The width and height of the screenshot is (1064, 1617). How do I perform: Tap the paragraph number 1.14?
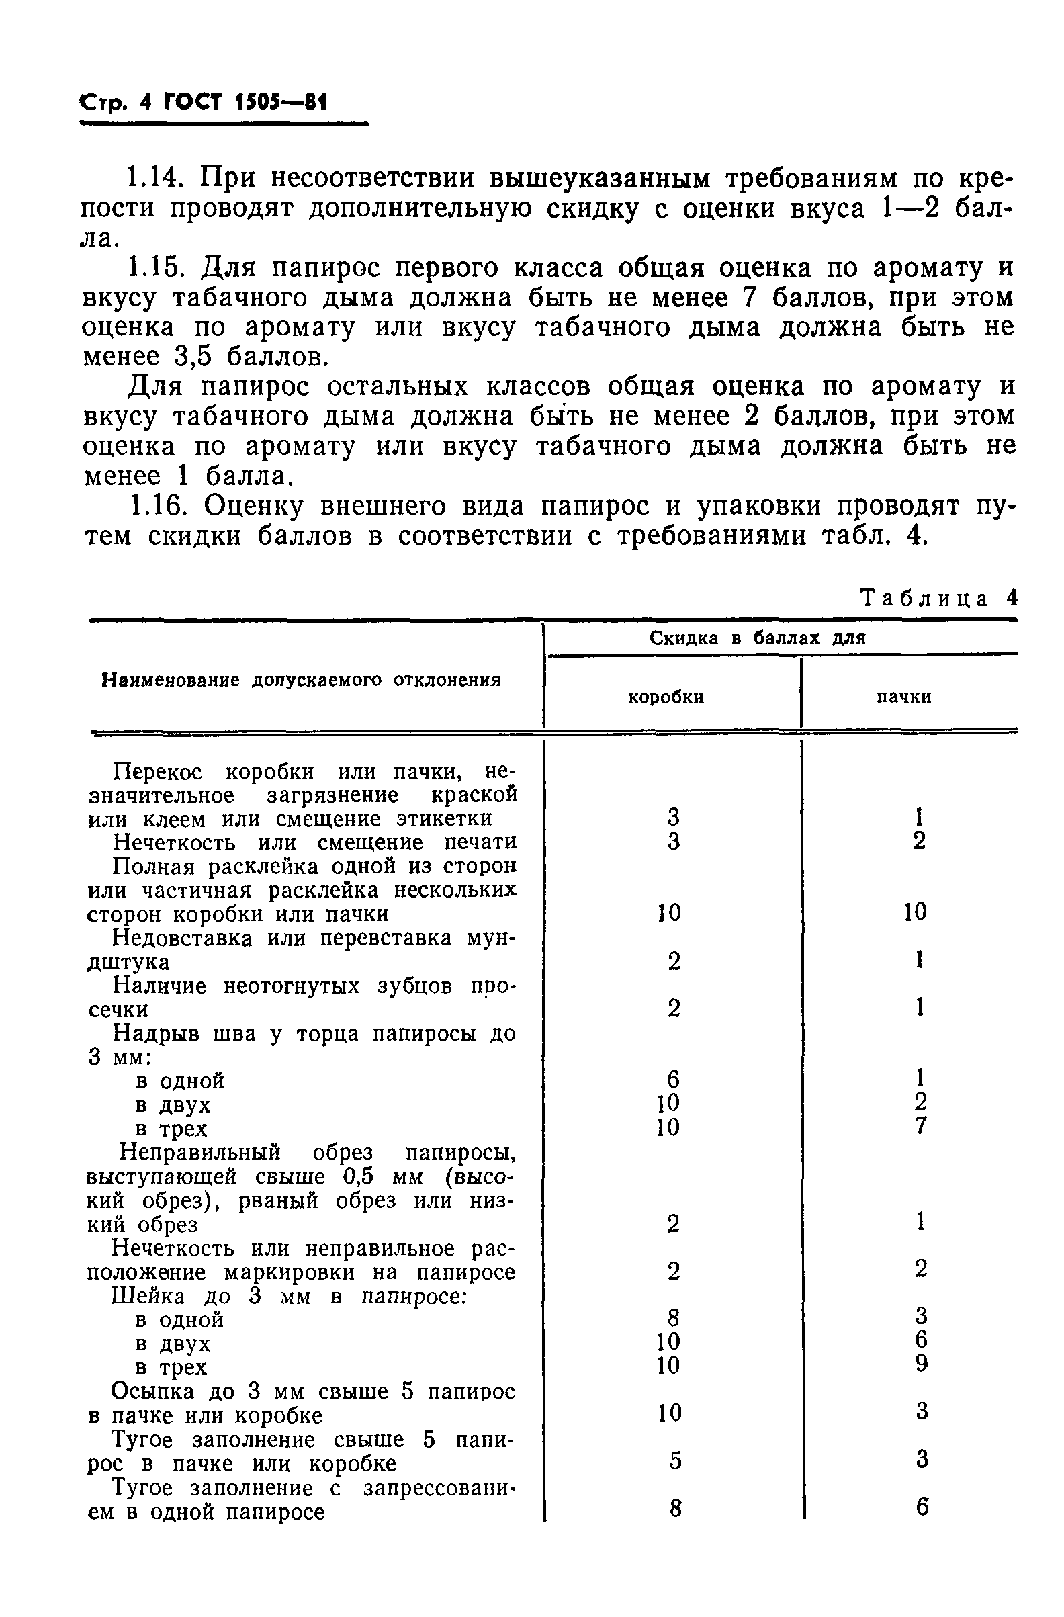[x=155, y=179]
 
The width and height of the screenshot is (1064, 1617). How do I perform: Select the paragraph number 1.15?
[x=155, y=268]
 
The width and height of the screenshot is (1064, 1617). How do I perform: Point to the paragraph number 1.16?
[x=155, y=506]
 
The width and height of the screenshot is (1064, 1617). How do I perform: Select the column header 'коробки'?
[x=665, y=697]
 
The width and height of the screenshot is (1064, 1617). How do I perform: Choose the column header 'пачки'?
[x=903, y=697]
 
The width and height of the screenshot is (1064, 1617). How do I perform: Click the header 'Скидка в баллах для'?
[x=757, y=638]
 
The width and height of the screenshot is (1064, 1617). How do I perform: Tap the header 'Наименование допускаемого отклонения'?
[x=301, y=680]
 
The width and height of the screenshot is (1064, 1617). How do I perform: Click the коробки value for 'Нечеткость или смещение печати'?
[x=673, y=841]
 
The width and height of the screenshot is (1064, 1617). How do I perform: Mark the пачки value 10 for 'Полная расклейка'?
[x=915, y=912]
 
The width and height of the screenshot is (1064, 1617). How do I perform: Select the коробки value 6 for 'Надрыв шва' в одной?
[x=673, y=1080]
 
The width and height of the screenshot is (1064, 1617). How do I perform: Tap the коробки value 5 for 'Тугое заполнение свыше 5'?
[x=674, y=1460]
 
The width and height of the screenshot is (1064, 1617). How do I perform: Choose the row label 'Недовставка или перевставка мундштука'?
[x=302, y=950]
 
